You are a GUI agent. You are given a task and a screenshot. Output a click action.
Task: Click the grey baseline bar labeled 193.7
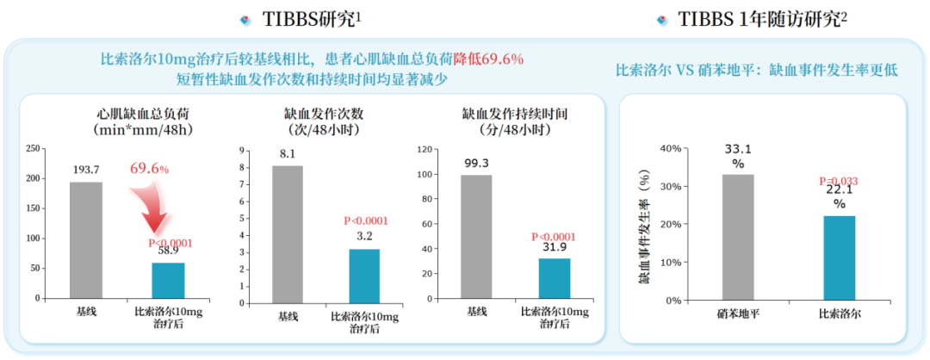(86, 240)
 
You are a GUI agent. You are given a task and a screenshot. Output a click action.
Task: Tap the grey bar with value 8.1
(288, 233)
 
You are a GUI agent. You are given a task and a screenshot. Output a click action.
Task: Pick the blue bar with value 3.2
(364, 274)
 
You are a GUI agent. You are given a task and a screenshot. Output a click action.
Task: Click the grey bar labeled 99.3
(476, 237)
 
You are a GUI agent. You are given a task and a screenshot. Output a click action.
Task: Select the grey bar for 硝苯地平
(738, 237)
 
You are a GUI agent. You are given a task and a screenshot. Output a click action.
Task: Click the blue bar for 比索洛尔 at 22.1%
(840, 258)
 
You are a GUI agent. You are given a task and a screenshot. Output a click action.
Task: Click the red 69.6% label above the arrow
(149, 168)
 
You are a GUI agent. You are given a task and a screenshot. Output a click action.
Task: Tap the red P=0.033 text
(838, 182)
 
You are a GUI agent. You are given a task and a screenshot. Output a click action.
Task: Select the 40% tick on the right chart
(669, 148)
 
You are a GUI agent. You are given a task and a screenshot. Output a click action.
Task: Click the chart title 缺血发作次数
(320, 113)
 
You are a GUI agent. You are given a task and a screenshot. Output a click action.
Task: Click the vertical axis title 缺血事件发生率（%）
(642, 228)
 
